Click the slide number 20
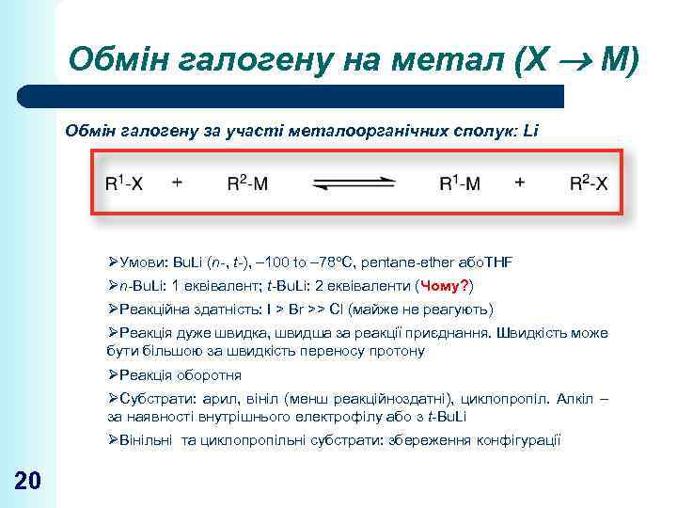tap(27, 481)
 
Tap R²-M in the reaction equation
tap(246, 183)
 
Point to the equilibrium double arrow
tap(353, 183)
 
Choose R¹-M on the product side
tap(460, 183)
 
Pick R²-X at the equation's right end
tap(589, 183)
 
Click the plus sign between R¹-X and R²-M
tap(178, 183)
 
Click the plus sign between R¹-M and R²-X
tap(520, 183)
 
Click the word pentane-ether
tap(416, 262)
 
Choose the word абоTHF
tap(490, 262)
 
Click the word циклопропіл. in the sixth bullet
tap(523, 399)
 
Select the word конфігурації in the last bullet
tap(516, 440)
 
